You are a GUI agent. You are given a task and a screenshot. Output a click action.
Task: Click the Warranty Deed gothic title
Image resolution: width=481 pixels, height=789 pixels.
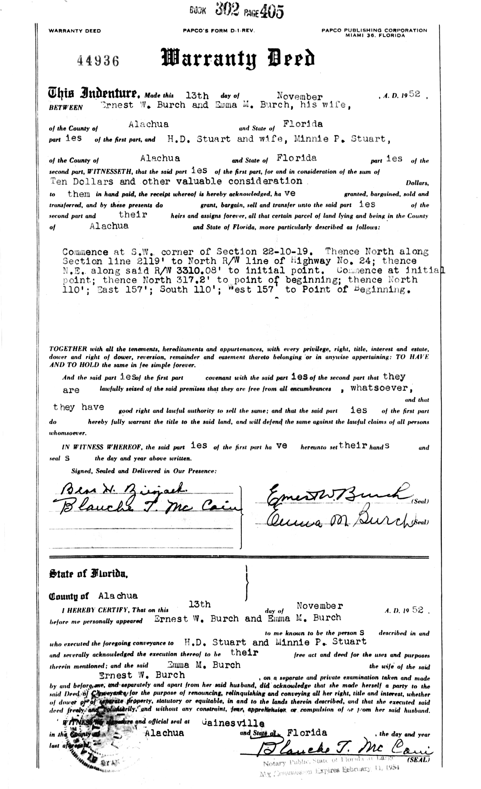pos(237,59)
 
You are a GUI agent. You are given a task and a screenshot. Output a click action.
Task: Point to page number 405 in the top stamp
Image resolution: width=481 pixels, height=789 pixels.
pos(271,12)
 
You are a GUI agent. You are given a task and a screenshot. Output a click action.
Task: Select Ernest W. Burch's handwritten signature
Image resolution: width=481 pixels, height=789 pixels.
pos(335,494)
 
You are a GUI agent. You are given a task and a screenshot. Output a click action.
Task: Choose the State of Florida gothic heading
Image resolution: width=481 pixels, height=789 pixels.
pos(88,574)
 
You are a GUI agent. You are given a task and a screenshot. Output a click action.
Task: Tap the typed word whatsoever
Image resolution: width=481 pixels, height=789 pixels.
pos(381,388)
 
